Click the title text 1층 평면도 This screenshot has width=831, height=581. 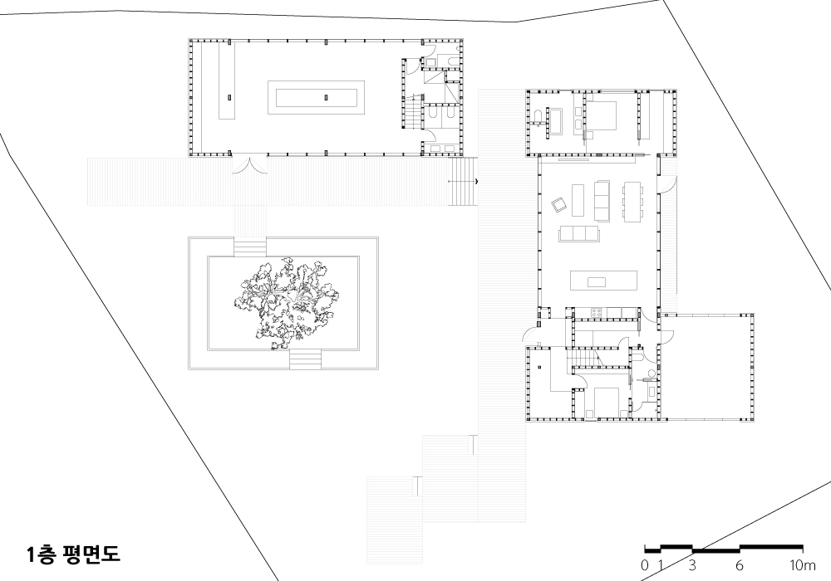click(74, 554)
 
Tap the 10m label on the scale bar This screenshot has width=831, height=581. click(803, 565)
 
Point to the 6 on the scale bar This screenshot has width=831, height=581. click(740, 565)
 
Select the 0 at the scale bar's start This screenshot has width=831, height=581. click(645, 565)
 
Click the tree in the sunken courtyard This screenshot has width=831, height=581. click(286, 302)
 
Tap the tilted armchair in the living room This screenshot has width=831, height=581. click(559, 204)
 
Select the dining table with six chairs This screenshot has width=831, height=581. click(633, 202)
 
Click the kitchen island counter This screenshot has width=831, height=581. click(603, 281)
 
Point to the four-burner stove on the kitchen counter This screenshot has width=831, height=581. click(596, 313)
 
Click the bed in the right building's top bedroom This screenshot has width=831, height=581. click(601, 115)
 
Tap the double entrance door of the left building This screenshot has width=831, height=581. click(249, 165)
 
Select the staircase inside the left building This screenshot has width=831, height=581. click(414, 112)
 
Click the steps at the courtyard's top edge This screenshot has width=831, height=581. click(249, 248)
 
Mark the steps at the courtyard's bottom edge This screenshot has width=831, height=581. click(305, 359)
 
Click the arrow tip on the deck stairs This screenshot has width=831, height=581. click(476, 182)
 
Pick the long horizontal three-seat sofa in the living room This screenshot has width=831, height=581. click(578, 233)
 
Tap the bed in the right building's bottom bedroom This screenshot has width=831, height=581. click(607, 403)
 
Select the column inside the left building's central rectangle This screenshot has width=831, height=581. click(326, 97)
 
